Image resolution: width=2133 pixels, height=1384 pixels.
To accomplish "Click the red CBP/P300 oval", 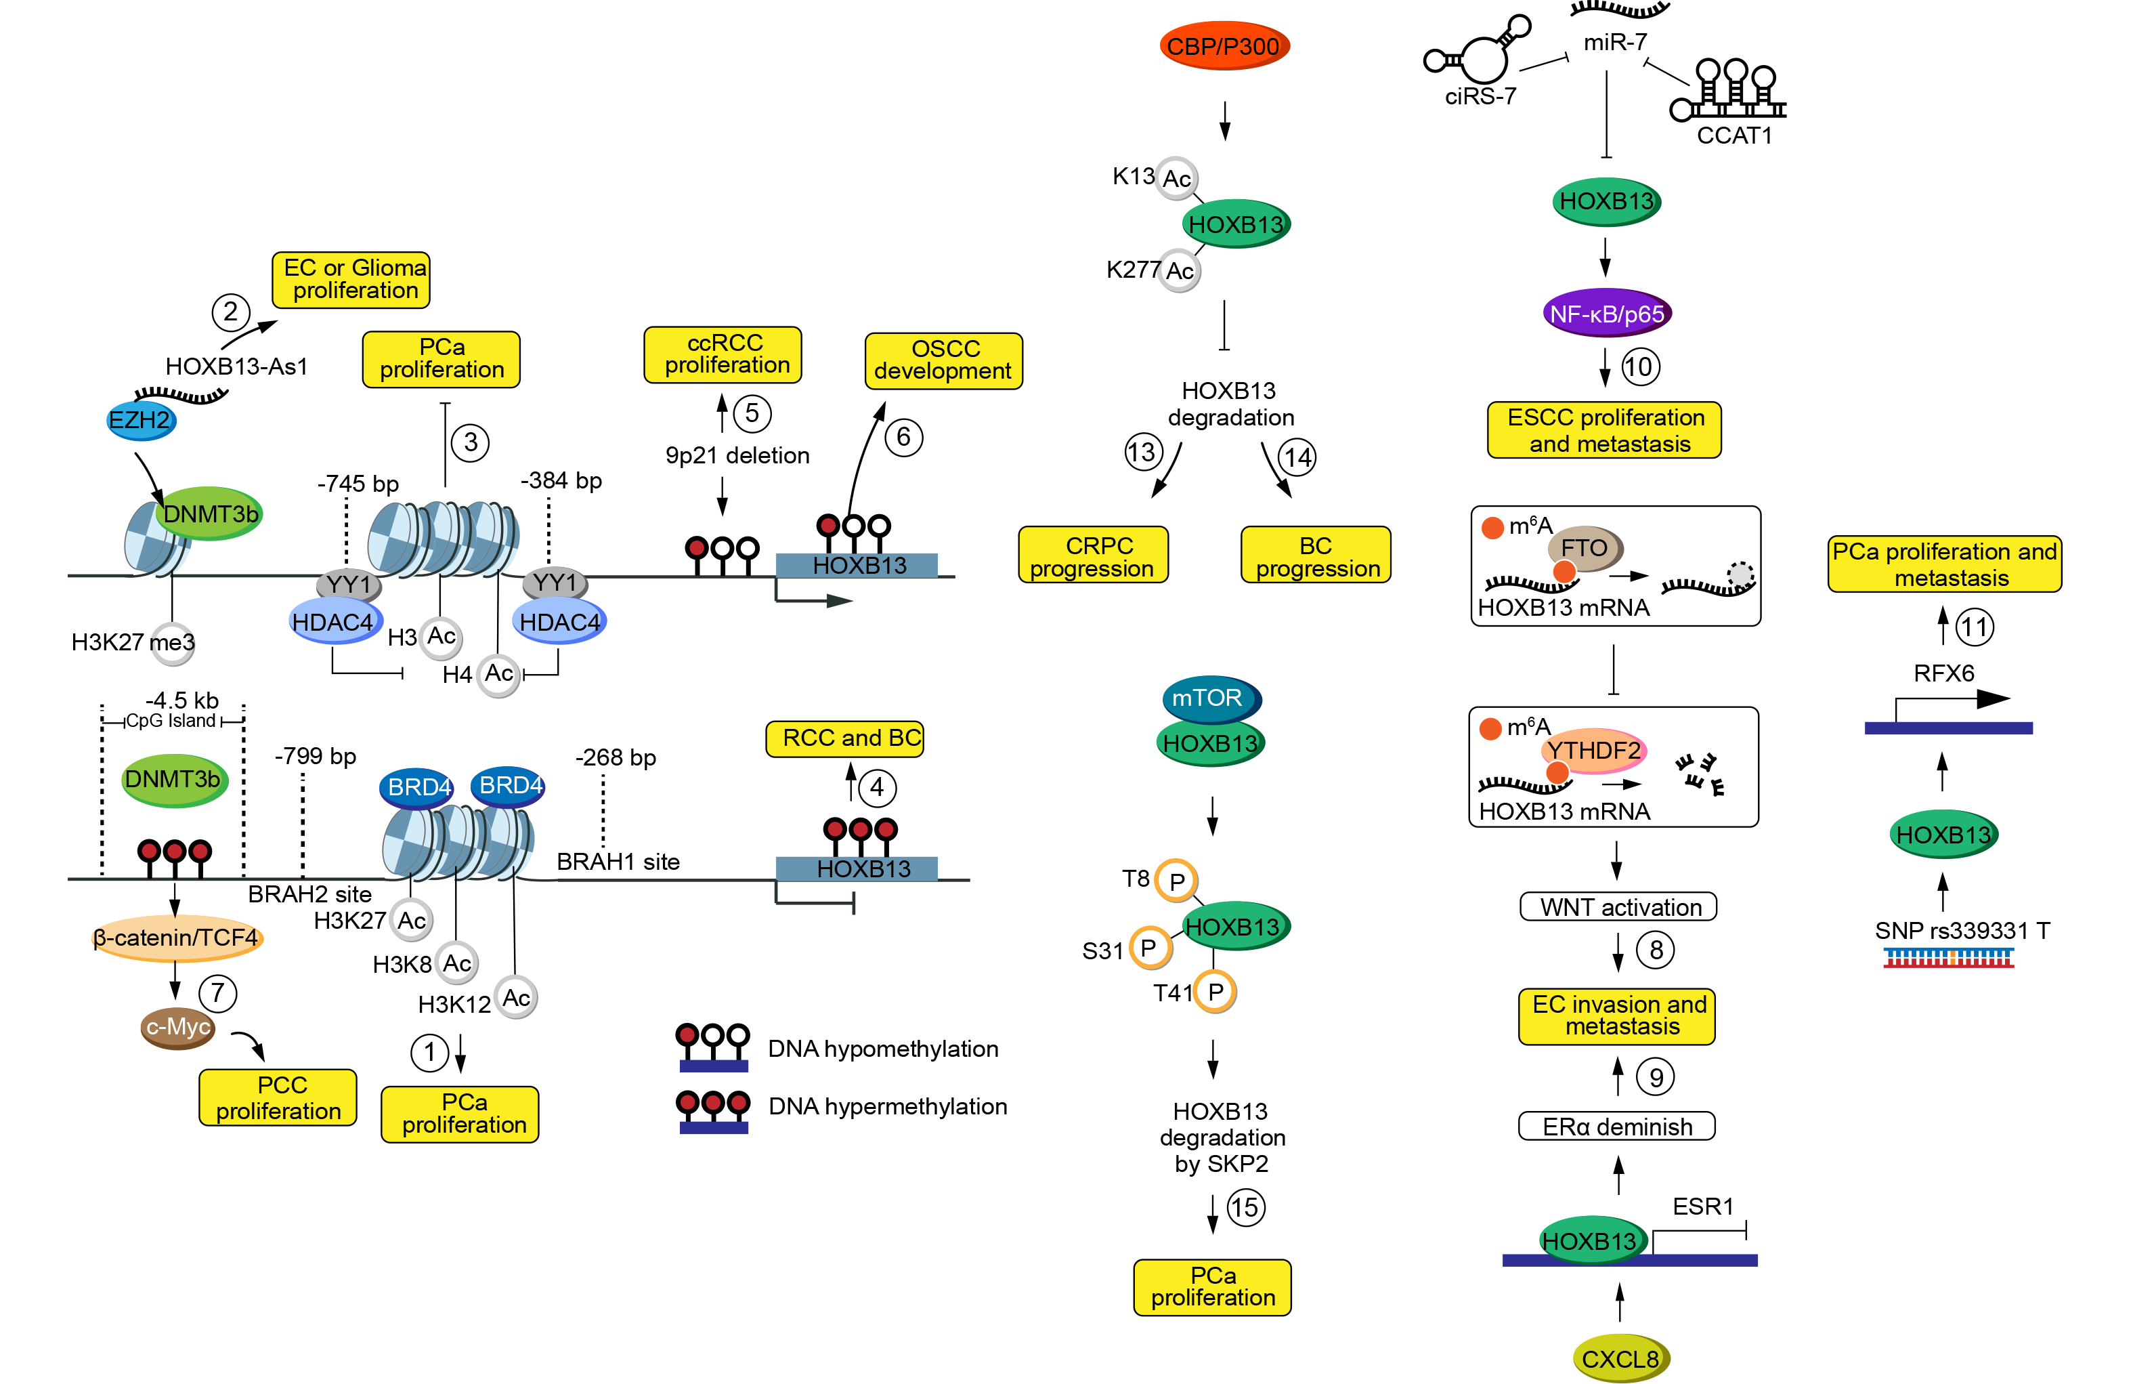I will (x=1224, y=45).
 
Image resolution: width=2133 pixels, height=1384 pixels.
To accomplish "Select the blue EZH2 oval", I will (x=141, y=421).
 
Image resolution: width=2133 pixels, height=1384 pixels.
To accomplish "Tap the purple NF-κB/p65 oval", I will (x=1607, y=314).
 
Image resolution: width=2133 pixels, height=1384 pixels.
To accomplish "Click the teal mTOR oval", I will (x=1209, y=697).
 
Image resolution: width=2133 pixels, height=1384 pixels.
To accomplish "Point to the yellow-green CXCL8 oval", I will (x=1620, y=1359).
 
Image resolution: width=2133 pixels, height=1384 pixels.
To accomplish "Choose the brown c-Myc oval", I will (x=178, y=1027).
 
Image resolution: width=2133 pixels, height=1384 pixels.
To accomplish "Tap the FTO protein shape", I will (x=1585, y=547).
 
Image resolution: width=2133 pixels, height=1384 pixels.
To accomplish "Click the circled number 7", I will (x=218, y=993).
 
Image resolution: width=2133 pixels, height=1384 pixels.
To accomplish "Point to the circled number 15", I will (x=1245, y=1207).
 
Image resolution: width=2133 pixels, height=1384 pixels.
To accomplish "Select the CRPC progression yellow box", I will (x=1094, y=555).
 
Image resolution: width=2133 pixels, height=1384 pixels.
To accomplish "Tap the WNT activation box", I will (x=1618, y=907).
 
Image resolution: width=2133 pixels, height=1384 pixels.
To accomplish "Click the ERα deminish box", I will (x=1617, y=1127).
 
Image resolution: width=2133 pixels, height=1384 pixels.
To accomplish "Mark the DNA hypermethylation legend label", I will (x=887, y=1106).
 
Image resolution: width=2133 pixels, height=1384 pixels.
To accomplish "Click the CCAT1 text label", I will (x=1734, y=135).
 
